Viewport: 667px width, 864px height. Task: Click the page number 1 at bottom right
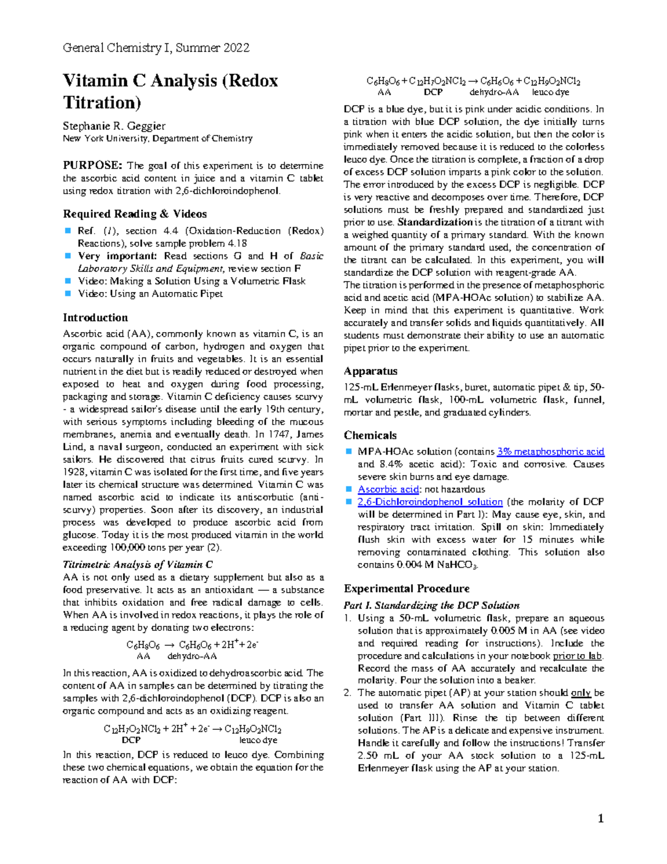tap(600, 818)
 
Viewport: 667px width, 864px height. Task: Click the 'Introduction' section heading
tap(95, 318)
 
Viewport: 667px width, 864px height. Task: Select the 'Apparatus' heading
tap(370, 371)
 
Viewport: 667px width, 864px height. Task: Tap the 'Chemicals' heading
tap(370, 436)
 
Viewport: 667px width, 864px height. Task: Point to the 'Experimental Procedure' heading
tap(406, 589)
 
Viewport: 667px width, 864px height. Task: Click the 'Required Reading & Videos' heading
tap(135, 214)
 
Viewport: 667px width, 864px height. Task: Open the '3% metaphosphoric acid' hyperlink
tap(550, 452)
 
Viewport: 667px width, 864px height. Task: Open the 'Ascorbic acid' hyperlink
tap(388, 490)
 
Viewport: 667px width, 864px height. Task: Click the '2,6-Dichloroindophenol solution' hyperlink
tap(430, 502)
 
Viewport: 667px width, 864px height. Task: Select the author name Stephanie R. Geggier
tap(114, 126)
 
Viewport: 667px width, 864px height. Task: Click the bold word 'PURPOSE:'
tap(92, 165)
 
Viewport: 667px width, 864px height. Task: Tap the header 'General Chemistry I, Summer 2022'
tap(156, 48)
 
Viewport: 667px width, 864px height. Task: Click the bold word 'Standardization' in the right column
tap(435, 223)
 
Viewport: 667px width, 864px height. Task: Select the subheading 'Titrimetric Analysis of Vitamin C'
tap(137, 565)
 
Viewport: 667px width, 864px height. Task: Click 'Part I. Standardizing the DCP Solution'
tap(431, 605)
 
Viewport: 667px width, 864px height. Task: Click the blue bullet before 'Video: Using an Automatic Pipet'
tap(68, 293)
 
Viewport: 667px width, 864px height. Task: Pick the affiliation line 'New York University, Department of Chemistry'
tap(157, 139)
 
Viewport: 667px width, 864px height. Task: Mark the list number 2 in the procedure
tap(347, 693)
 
